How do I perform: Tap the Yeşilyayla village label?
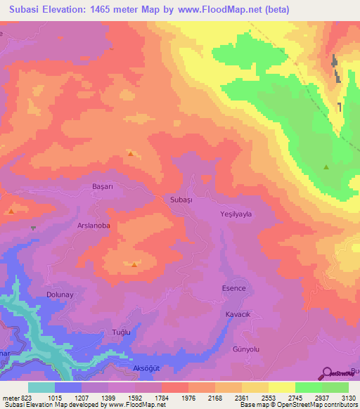click(x=236, y=214)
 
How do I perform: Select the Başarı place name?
click(x=103, y=188)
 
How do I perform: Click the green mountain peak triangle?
click(x=326, y=167)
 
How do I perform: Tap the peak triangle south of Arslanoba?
click(x=134, y=264)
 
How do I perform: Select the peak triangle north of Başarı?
click(x=130, y=152)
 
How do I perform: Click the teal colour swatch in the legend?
click(x=41, y=387)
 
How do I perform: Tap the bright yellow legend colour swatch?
click(x=282, y=387)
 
